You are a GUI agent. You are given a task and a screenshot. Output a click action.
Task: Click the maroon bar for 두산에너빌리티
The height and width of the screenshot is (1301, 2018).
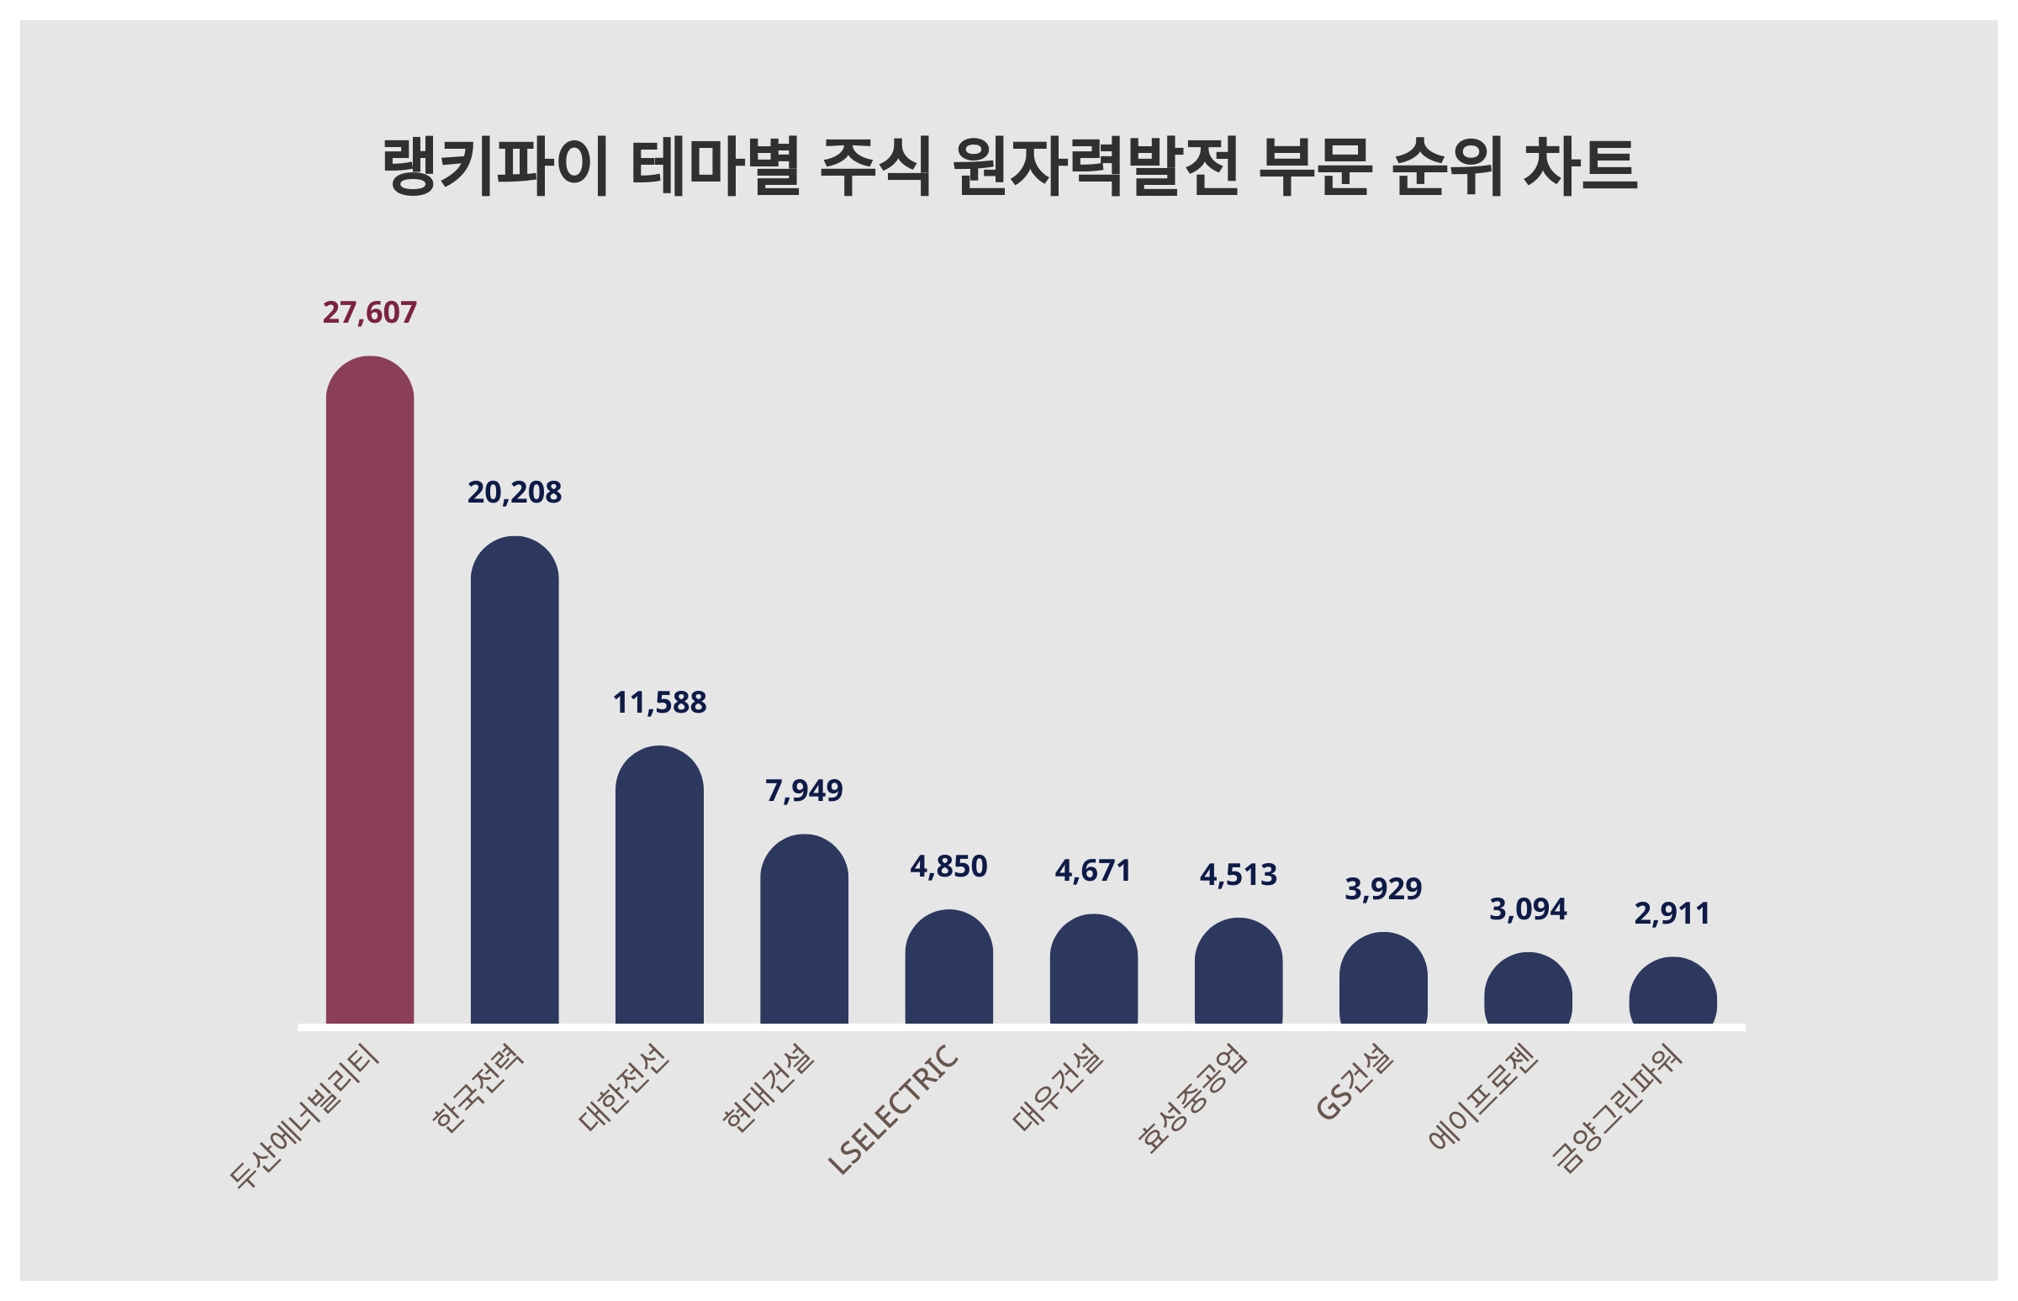pos(369,688)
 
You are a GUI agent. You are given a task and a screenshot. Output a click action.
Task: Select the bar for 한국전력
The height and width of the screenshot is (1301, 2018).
pos(514,779)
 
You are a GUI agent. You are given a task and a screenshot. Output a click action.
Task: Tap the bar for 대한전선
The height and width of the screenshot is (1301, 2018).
pos(659,883)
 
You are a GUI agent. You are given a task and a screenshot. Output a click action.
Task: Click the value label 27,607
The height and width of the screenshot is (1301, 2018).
pos(369,313)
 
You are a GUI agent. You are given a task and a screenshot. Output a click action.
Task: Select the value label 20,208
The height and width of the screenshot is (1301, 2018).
pos(514,492)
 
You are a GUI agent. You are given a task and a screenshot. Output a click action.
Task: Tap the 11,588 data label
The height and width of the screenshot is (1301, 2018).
pos(659,703)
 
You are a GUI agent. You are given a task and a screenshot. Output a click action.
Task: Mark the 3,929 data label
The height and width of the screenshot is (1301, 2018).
pos(1382,888)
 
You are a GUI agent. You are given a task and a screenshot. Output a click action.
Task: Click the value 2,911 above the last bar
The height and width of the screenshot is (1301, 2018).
pos(1672,914)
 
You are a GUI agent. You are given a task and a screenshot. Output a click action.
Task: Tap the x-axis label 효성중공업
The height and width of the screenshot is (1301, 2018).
pos(1191,1098)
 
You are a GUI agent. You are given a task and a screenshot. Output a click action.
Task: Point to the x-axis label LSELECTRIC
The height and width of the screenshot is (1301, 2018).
pos(893,1109)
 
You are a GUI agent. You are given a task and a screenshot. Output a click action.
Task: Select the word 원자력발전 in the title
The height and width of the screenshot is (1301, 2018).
pos(1096,166)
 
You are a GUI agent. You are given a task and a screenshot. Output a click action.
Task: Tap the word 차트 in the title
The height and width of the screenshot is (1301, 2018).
pos(1579,166)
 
